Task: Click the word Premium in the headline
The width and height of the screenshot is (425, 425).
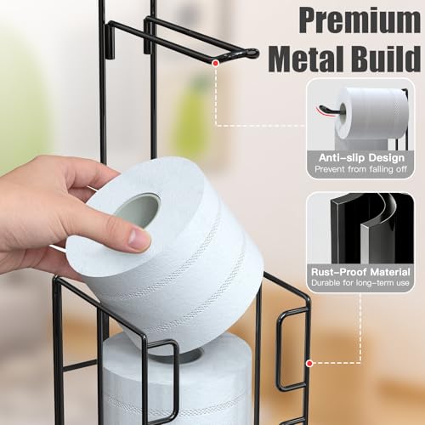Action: point(360,20)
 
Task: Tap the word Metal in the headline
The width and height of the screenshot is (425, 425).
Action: point(308,58)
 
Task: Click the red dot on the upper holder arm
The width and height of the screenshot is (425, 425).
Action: point(216,63)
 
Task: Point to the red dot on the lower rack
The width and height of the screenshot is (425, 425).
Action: point(309,363)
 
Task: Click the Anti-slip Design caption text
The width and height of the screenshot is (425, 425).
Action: point(361,158)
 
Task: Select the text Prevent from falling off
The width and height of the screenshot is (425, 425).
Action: point(360,169)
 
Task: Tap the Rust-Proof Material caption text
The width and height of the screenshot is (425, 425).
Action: point(360,272)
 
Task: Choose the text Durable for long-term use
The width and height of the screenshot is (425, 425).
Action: point(360,283)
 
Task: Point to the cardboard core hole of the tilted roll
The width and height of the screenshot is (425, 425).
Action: point(138,210)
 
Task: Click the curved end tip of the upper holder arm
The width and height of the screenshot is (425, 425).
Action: point(254,53)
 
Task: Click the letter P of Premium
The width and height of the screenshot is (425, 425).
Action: point(309,20)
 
